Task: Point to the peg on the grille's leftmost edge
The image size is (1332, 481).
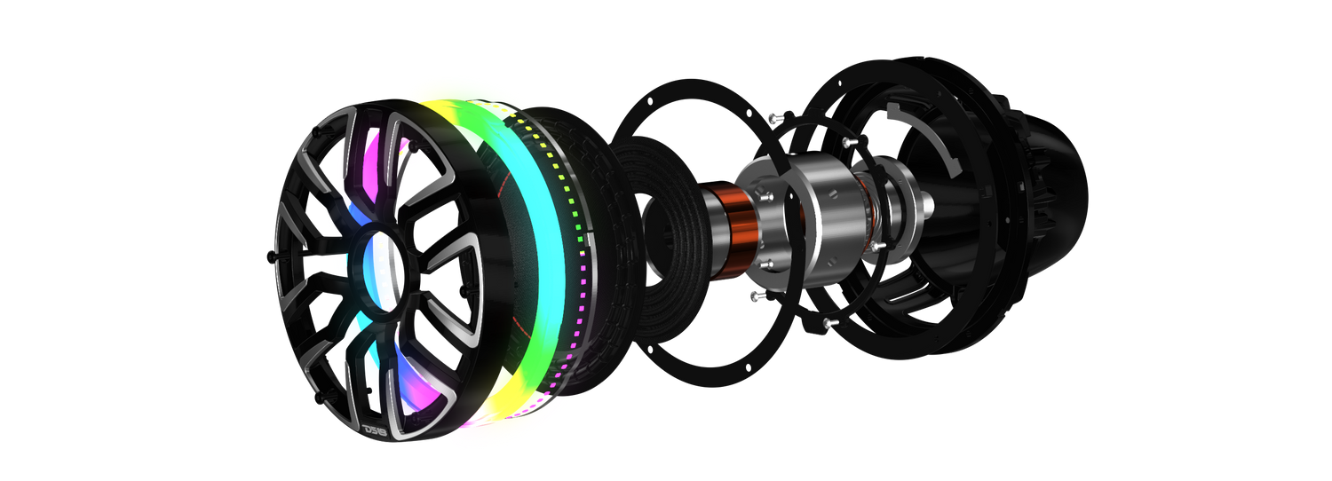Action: point(272,256)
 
